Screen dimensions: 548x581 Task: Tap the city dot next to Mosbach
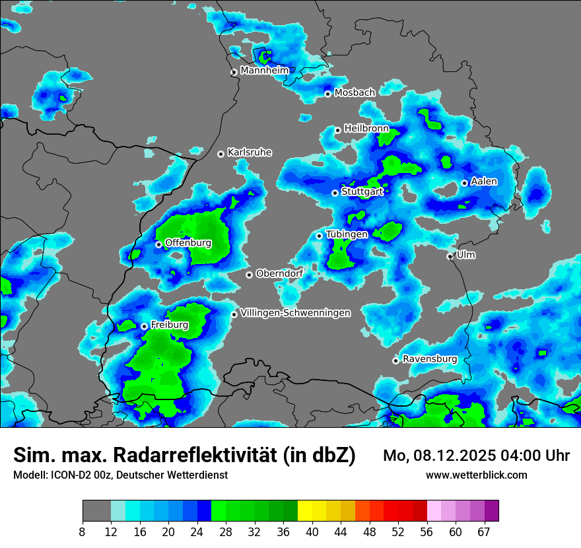pos(327,94)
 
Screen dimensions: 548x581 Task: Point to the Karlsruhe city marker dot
pos(221,154)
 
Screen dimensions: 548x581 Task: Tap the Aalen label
pos(484,182)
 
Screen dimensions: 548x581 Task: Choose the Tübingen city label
pos(347,234)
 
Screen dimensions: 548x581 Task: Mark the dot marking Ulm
pos(450,256)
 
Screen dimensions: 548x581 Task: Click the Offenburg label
pos(188,243)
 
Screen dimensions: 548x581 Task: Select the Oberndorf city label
pos(279,273)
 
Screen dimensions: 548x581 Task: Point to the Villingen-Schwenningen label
pos(295,313)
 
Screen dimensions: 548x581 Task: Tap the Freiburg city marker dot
pos(144,326)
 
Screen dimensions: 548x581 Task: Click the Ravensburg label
pos(430,359)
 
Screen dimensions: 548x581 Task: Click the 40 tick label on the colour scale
pos(312,532)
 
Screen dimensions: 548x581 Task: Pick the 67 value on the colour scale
pos(484,532)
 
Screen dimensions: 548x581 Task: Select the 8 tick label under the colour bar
pos(83,532)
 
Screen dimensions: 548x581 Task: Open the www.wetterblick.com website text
pos(477,475)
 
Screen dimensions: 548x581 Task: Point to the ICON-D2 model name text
pos(69,475)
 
